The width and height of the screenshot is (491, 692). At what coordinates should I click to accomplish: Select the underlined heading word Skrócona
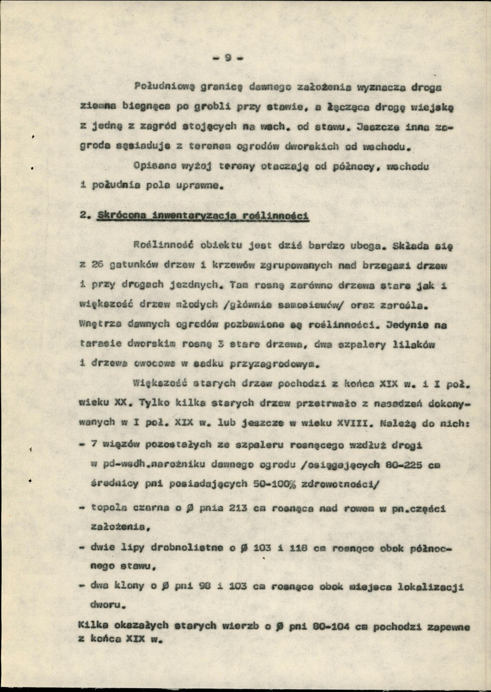pyautogui.click(x=121, y=216)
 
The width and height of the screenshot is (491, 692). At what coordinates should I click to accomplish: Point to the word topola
pyautogui.click(x=103, y=509)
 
